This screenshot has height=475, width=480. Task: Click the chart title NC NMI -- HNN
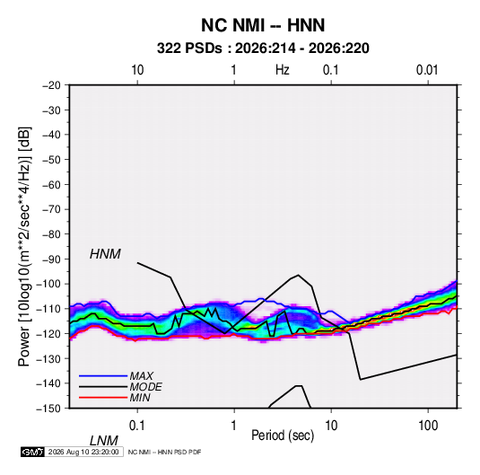click(x=263, y=25)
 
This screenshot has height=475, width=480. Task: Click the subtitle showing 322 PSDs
click(x=263, y=48)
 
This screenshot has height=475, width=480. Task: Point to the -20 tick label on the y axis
click(x=51, y=85)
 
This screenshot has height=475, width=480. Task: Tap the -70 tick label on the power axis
click(x=51, y=209)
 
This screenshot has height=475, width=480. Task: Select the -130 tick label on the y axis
click(x=48, y=358)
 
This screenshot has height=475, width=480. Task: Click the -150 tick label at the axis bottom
click(x=48, y=409)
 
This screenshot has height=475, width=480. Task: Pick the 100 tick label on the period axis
click(x=428, y=426)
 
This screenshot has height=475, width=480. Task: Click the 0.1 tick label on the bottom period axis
click(x=136, y=426)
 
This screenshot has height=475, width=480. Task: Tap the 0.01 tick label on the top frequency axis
click(x=427, y=70)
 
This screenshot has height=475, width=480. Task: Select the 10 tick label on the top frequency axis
click(x=137, y=70)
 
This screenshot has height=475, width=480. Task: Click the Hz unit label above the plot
click(x=283, y=70)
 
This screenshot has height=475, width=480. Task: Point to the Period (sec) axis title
click(x=283, y=435)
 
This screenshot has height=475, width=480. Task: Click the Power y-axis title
click(x=24, y=247)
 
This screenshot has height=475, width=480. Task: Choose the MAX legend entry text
click(x=141, y=376)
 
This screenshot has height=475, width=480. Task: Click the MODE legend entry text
click(x=145, y=387)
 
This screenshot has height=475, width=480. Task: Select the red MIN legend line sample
click(x=103, y=398)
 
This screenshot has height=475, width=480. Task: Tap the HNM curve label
click(x=105, y=254)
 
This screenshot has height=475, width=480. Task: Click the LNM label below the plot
click(x=103, y=441)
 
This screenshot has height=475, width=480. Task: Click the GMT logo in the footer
click(x=33, y=452)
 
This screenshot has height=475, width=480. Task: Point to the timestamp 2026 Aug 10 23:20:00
click(x=83, y=452)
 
